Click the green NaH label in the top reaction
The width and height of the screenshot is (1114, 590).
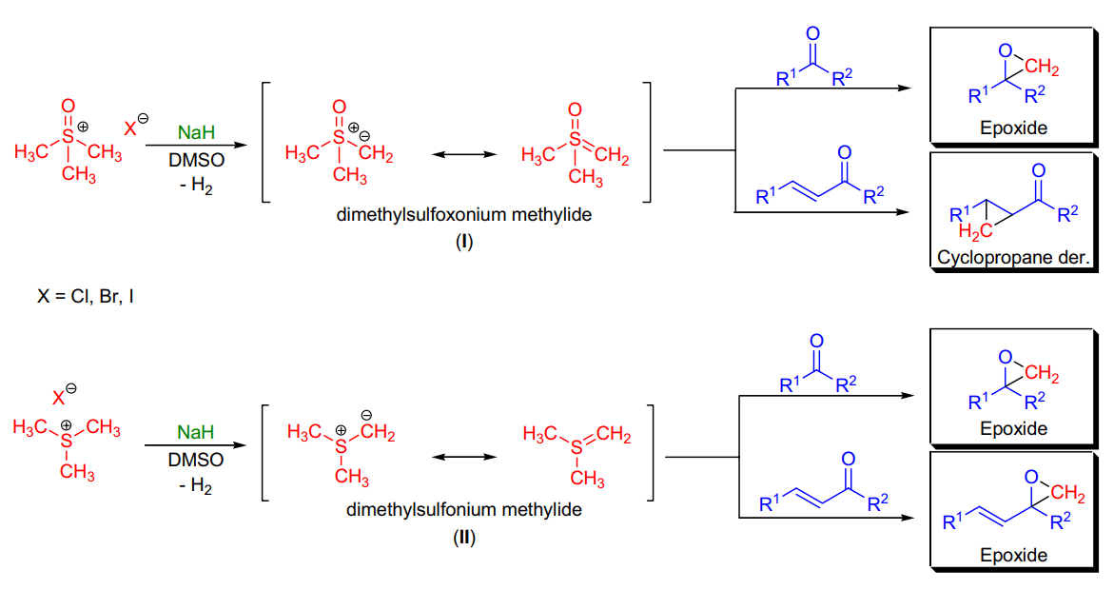pos(196,132)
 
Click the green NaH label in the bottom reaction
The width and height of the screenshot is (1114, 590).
pos(195,432)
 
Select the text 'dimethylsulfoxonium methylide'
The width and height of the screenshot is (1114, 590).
pos(464,215)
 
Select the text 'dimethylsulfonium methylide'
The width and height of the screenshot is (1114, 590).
pos(464,510)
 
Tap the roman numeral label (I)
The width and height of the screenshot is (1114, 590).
pos(464,242)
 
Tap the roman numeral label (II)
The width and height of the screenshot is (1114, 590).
pos(464,538)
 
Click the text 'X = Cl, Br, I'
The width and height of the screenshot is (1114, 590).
pos(86,296)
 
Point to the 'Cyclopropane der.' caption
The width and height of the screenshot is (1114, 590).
pos(1013,257)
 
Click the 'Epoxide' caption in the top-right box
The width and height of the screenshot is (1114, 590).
pos(1013,128)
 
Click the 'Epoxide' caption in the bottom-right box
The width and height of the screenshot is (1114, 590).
pos(1013,555)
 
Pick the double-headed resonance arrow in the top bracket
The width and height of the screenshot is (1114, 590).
pos(464,154)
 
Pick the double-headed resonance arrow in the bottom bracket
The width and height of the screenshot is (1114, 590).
pos(464,457)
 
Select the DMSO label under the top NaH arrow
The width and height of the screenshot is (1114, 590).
pos(196,159)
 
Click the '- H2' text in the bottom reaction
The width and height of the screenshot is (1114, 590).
pos(195,486)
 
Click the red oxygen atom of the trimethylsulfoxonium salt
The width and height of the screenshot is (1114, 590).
pos(68,106)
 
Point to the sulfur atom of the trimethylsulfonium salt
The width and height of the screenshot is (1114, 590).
pos(67,441)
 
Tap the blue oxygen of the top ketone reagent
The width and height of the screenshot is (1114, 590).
pos(812,33)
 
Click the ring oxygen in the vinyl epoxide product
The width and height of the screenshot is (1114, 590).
pos(1031,477)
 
